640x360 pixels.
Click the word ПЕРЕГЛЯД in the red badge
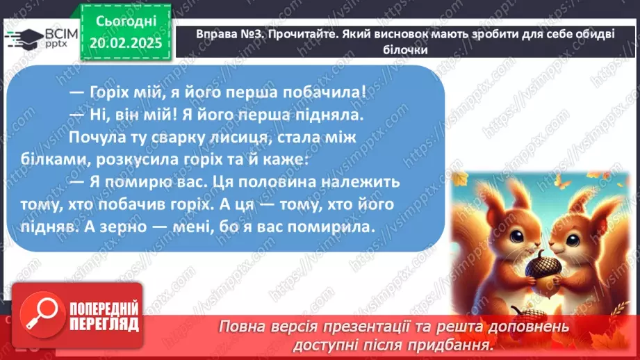pyautogui.click(x=101, y=325)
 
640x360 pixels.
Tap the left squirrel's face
pyautogui.click(x=512, y=234)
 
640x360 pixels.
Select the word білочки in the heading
pyautogui.click(x=403, y=49)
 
